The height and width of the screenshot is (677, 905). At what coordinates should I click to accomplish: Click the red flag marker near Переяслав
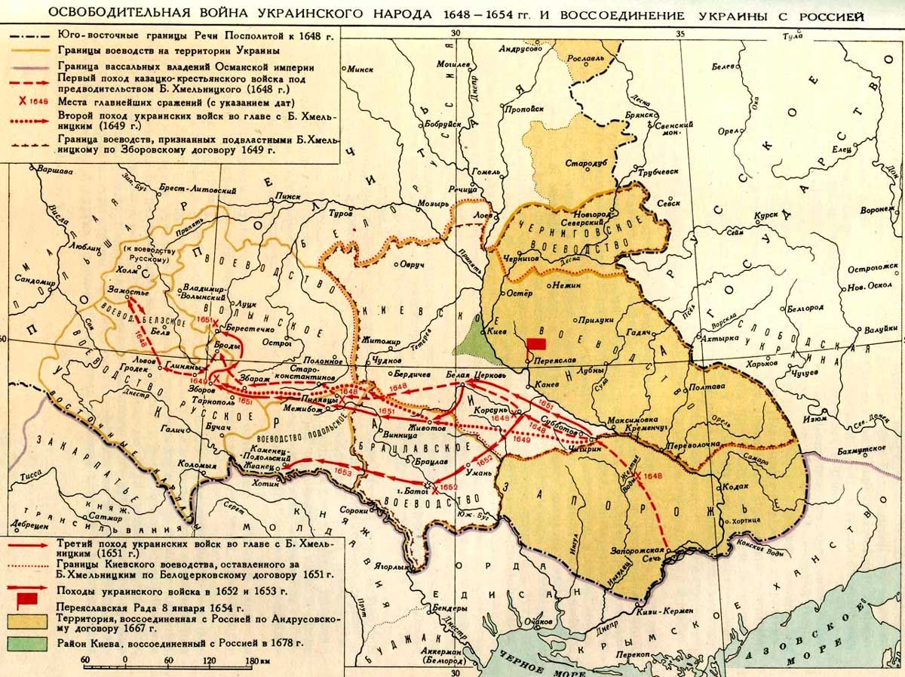pos(536,343)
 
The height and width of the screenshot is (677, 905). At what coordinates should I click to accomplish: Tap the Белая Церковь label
pos(474,375)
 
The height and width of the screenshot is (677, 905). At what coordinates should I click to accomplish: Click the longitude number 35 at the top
pos(680,33)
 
